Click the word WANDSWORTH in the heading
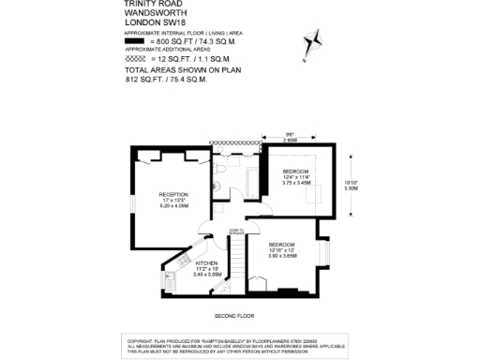(x=152, y=14)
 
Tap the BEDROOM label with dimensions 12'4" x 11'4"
(x=297, y=175)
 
